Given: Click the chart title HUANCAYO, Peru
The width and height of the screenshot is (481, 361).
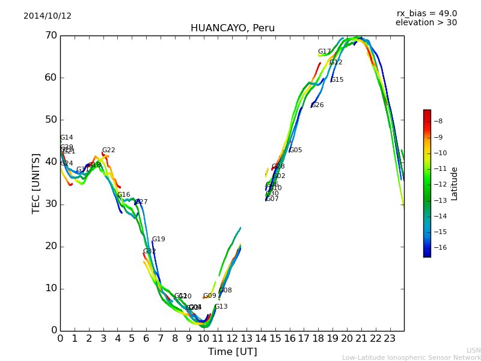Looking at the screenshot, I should click(x=233, y=28).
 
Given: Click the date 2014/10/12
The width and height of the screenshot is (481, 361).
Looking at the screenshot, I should click(x=47, y=16).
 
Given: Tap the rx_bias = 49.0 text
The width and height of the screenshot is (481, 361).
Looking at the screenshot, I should click(x=427, y=14).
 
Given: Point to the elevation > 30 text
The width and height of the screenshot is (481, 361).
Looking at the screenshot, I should click(x=426, y=23).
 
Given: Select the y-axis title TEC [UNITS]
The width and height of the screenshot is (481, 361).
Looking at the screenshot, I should click(x=37, y=183).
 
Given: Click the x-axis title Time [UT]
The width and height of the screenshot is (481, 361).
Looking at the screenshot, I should click(x=232, y=352).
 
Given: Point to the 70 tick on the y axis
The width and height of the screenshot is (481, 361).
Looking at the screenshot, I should click(x=51, y=35).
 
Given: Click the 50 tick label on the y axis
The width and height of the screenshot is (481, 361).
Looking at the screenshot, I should click(x=51, y=120).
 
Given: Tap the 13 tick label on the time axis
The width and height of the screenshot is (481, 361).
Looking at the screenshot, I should click(x=247, y=339).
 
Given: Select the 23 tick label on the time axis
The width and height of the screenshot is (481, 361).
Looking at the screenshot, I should click(x=390, y=339).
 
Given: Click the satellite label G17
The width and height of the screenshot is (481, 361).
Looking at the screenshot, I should click(x=325, y=52).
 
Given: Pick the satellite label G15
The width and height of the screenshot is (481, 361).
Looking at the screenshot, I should click(x=337, y=80).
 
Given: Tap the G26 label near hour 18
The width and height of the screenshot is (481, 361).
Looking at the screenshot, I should click(x=317, y=105).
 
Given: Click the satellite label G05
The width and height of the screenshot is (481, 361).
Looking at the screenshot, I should click(x=296, y=150).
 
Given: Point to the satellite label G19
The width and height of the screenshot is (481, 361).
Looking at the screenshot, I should click(x=158, y=239).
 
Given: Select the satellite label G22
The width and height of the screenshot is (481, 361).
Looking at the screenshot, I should click(x=108, y=150).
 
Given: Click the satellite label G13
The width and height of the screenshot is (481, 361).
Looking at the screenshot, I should click(x=221, y=307).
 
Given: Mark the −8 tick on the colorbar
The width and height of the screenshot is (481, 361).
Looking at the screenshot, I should click(x=438, y=121).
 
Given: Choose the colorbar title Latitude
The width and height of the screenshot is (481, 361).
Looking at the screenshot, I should click(x=455, y=184).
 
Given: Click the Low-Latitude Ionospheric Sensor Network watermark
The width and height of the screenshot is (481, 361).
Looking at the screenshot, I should click(x=411, y=358).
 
